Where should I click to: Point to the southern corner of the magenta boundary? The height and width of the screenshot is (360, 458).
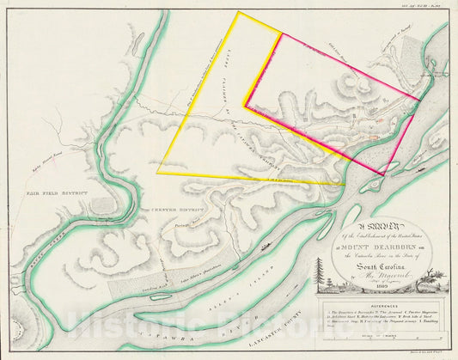(x=383, y=175)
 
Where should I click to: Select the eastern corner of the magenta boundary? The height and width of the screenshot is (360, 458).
(x=419, y=101)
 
